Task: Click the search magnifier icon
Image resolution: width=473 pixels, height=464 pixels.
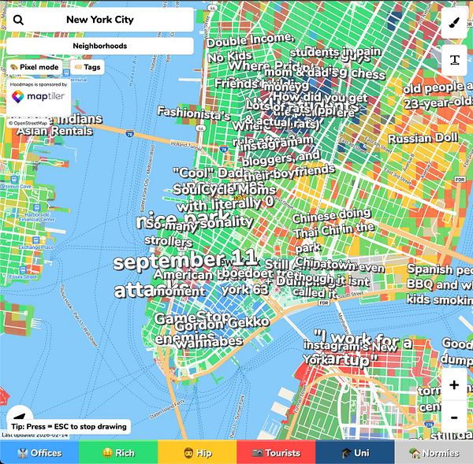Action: click(x=18, y=20)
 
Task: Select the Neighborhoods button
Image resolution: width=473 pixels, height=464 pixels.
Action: click(x=100, y=46)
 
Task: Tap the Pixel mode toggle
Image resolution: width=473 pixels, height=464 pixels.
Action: click(x=35, y=68)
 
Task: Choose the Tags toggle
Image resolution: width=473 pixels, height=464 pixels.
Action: click(x=88, y=68)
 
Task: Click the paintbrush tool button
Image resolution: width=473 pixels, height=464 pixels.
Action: click(x=454, y=23)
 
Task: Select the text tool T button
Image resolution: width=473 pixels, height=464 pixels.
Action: click(x=454, y=59)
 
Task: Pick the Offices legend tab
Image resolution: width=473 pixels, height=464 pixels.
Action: click(x=39, y=453)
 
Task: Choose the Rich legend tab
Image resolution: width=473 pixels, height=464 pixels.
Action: click(x=118, y=453)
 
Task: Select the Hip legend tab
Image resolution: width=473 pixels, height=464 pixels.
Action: click(x=197, y=453)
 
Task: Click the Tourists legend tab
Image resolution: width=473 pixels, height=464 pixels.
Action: click(x=276, y=453)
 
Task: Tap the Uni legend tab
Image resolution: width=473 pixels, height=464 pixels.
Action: click(x=355, y=453)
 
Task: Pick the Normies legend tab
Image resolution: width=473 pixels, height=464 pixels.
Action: click(x=434, y=453)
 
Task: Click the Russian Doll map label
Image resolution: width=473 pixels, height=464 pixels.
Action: click(x=423, y=139)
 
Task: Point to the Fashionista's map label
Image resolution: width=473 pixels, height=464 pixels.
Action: click(x=193, y=113)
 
